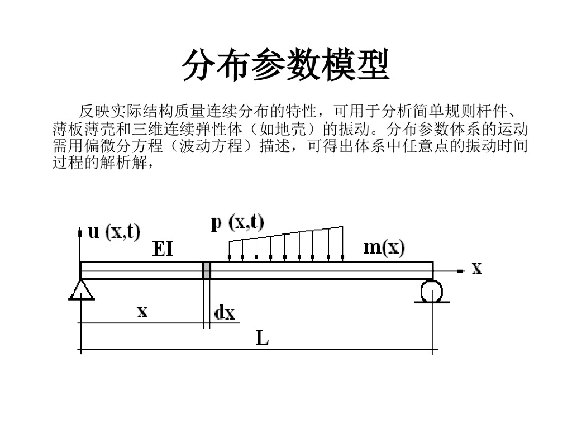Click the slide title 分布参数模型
tap(285, 65)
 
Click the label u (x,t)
tap(115, 232)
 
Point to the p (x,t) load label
tap(237, 223)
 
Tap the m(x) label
tap(384, 247)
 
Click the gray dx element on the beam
tap(206, 270)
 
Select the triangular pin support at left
tap(82, 289)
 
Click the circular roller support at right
tap(431, 291)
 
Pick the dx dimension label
tap(225, 313)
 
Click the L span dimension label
tap(262, 337)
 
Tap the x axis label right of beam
tap(476, 269)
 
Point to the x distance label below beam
tap(142, 311)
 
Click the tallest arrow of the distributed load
tap(341, 244)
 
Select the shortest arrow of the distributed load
tap(230, 250)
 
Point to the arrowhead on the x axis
tap(461, 270)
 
